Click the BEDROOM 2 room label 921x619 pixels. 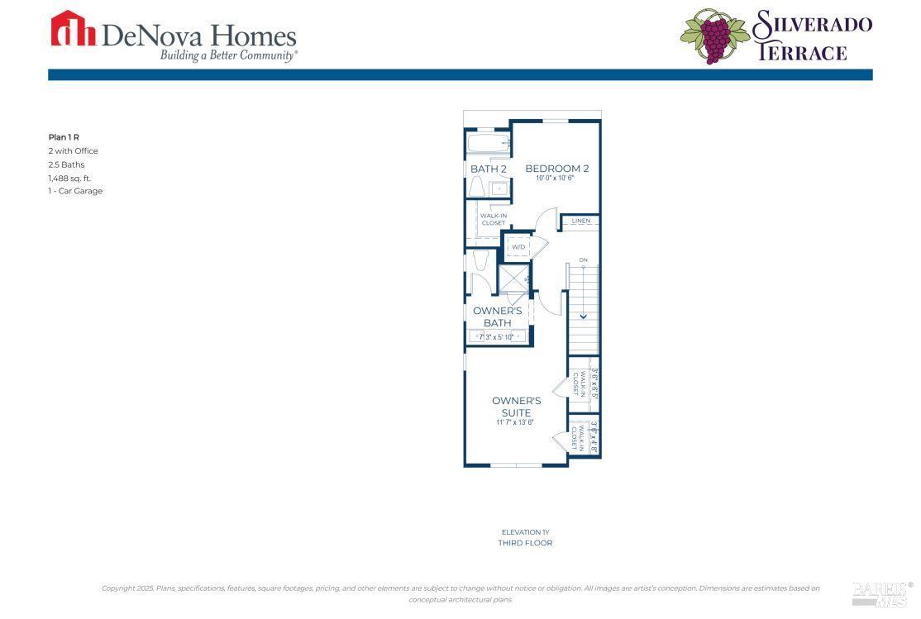(556, 169)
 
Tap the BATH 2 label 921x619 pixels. (488, 169)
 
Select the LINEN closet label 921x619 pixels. (580, 221)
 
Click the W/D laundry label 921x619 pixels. (518, 246)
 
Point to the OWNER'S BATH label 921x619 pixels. (497, 317)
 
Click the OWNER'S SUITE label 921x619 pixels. (516, 407)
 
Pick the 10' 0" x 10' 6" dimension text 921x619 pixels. (556, 179)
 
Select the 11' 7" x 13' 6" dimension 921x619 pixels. (515, 422)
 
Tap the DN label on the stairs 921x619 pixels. (583, 260)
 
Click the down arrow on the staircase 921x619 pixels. (583, 314)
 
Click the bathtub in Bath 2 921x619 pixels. (488, 144)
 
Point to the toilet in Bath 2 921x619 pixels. (477, 187)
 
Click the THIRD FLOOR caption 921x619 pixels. (525, 543)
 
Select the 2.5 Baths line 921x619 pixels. (66, 164)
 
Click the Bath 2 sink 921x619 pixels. (500, 188)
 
